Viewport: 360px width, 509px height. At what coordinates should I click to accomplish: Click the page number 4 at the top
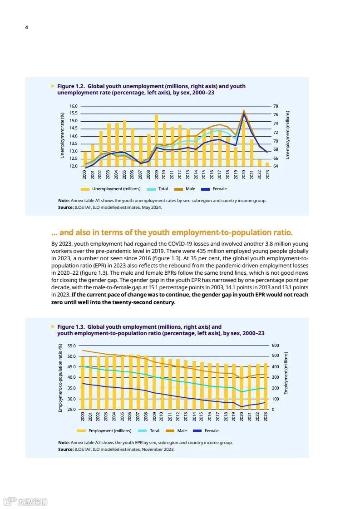tap(26, 27)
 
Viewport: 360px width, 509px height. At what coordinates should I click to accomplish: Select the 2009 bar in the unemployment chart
tap(156, 140)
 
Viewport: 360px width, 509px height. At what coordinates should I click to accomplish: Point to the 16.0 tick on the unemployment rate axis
tap(74, 106)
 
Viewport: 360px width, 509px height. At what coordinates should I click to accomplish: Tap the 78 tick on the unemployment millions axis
tap(275, 106)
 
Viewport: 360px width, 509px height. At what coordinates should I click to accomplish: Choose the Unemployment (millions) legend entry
tap(116, 189)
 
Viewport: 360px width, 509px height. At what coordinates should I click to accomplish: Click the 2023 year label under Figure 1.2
tap(267, 175)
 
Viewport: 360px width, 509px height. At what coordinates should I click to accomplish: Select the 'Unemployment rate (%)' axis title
tap(62, 136)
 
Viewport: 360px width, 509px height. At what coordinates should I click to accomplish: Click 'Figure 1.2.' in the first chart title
tap(71, 86)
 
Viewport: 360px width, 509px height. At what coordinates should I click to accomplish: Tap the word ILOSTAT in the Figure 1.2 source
tap(83, 208)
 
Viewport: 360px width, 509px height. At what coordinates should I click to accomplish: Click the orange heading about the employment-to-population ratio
tap(172, 232)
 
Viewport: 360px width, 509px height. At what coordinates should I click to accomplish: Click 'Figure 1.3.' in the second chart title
tap(71, 327)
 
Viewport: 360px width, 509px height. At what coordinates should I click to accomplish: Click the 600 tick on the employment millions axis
tap(275, 346)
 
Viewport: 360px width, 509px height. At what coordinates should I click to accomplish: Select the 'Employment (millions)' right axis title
tap(286, 373)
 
